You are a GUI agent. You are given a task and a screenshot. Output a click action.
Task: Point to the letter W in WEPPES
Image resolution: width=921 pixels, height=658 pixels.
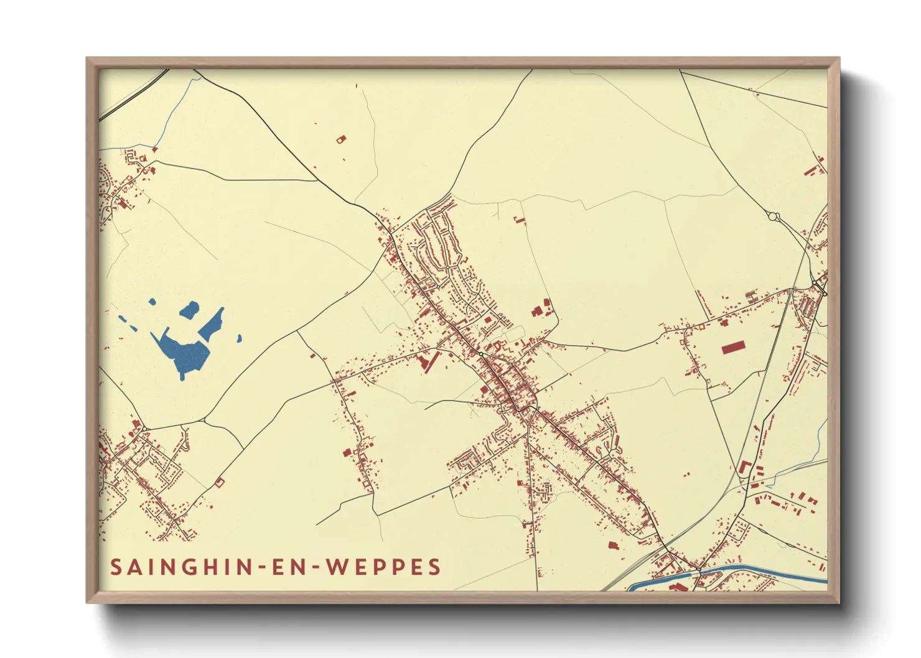[x=338, y=567]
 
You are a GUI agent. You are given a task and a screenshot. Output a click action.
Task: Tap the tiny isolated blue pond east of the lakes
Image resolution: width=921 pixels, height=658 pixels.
[x=239, y=339]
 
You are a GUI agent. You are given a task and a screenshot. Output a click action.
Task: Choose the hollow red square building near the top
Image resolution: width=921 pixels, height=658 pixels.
[x=340, y=140]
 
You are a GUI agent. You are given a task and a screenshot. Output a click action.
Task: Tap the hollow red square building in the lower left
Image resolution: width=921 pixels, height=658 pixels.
[x=219, y=481]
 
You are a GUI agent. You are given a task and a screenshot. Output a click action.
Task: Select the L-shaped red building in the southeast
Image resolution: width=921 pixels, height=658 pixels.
[x=744, y=468]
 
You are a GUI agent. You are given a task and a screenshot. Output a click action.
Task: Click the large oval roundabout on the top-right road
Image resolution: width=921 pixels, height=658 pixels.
[x=774, y=217]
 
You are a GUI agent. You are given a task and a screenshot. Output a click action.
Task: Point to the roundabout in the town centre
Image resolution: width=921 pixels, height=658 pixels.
[x=480, y=354]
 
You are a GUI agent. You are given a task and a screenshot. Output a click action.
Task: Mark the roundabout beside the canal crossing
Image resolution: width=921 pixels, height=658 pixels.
[x=699, y=570]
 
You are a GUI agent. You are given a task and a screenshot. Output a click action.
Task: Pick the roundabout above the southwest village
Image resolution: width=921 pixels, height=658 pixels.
[x=144, y=429]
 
